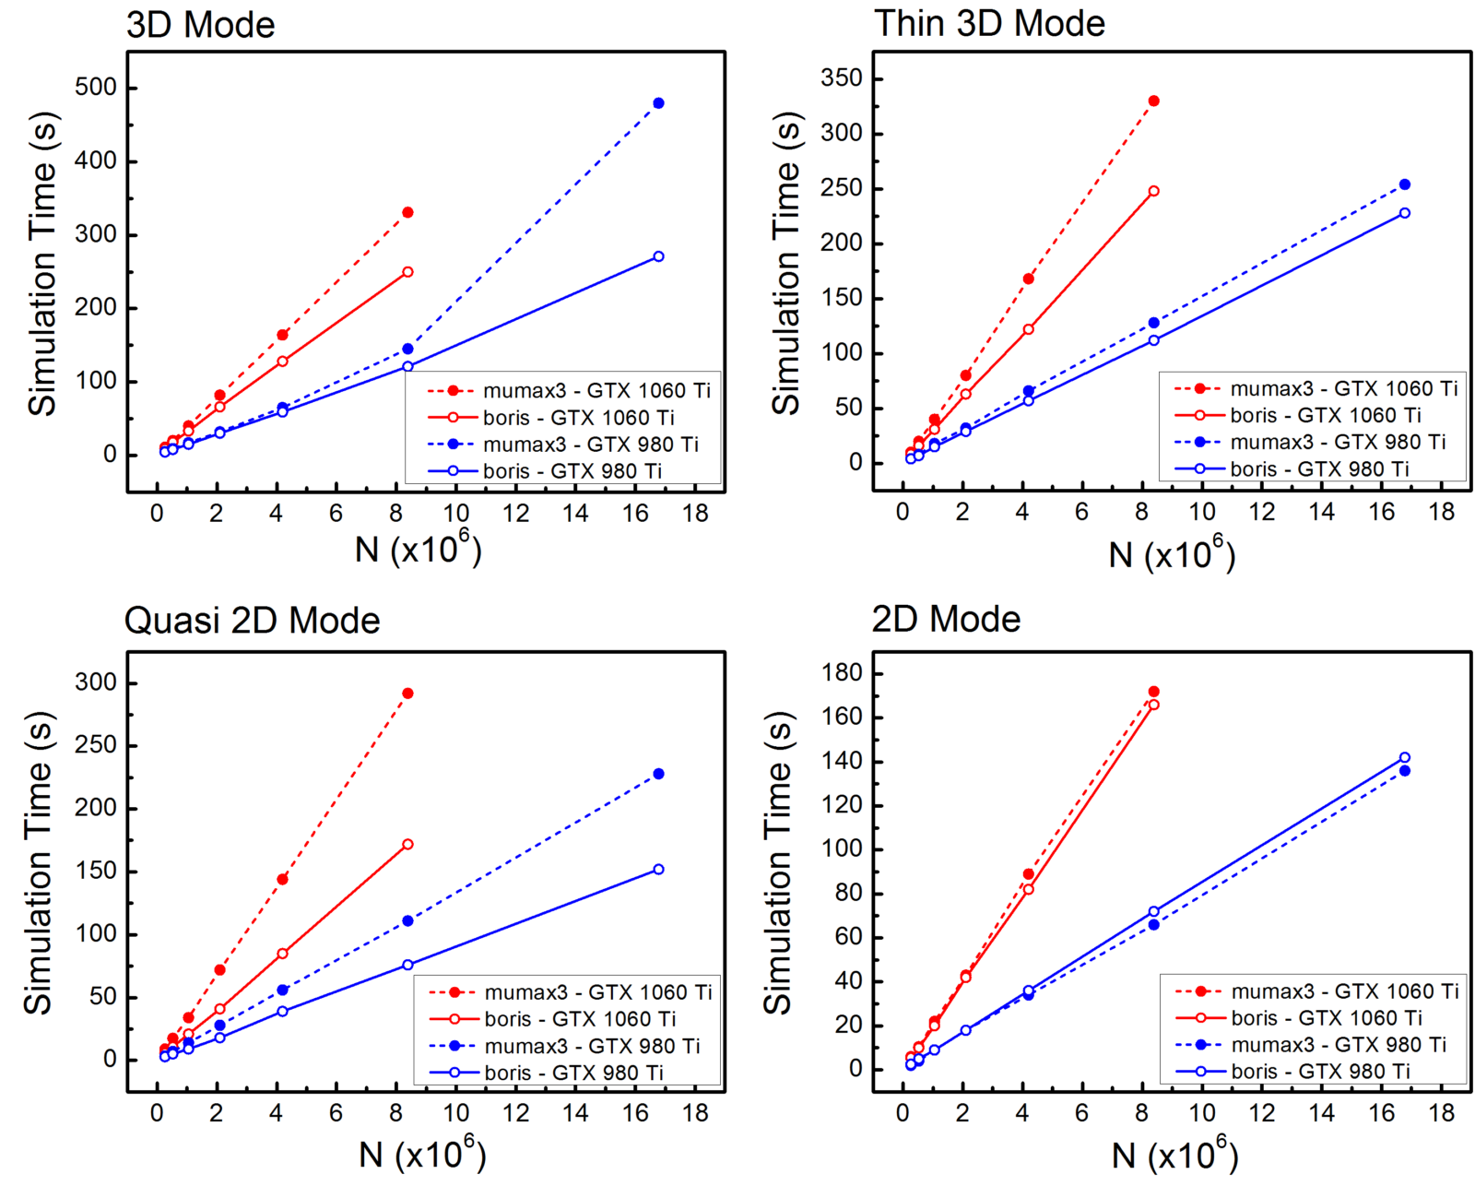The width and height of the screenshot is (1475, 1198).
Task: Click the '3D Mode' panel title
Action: (x=200, y=25)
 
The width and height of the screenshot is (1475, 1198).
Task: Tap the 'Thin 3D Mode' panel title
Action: (x=989, y=24)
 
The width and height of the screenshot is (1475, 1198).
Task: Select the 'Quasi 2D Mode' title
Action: (x=252, y=621)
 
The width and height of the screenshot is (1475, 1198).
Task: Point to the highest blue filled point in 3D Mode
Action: (x=658, y=103)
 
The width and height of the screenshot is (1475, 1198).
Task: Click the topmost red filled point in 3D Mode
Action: (x=407, y=212)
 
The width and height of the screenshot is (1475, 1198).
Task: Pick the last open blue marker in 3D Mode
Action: (x=658, y=256)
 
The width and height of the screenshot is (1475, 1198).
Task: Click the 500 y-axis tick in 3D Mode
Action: (x=96, y=88)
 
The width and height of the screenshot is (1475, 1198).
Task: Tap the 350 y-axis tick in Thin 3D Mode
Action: (x=841, y=78)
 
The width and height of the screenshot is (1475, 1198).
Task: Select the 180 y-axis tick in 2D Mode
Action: (x=841, y=673)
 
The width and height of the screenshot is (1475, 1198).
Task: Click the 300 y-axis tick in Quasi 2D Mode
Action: (x=96, y=682)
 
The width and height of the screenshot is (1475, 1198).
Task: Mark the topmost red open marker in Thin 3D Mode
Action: (x=1153, y=191)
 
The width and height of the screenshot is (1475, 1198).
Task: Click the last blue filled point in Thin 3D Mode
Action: (x=1405, y=184)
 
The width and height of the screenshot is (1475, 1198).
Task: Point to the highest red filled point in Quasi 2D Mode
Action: (x=407, y=694)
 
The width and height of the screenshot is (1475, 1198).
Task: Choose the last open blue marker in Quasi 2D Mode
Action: (x=658, y=870)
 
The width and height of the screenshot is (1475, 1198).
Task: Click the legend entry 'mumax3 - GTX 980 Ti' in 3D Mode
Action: (x=590, y=445)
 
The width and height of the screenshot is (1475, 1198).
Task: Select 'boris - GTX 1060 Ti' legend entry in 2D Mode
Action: (x=1326, y=1018)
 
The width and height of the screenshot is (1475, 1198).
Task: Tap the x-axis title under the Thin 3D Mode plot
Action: (x=1171, y=553)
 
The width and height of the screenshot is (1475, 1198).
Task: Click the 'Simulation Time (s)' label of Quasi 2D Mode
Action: (x=39, y=862)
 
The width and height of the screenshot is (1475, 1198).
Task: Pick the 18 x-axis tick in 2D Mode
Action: (x=1441, y=1113)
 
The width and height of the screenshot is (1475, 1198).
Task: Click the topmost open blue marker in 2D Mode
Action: (x=1405, y=757)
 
